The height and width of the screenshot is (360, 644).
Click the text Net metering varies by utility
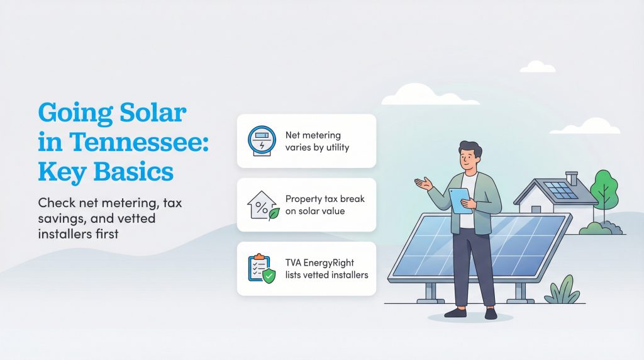click(x=316, y=141)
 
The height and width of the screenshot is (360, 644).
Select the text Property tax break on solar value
click(x=325, y=205)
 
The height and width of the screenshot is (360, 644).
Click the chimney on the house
click(x=571, y=177)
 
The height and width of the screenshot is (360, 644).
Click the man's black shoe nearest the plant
click(x=490, y=313)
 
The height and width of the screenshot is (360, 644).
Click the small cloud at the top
click(x=538, y=66)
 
